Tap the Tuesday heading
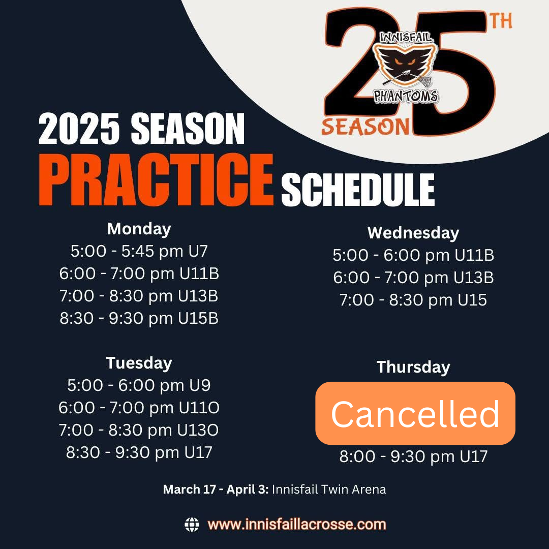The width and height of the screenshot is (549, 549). (139, 363)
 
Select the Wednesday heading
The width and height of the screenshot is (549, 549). (413, 233)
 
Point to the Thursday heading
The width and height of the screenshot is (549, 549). (413, 368)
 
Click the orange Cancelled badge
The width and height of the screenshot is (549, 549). (415, 413)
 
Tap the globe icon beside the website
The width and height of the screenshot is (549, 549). (192, 525)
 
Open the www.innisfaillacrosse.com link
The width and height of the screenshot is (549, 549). (296, 525)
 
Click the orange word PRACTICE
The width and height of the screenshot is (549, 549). (156, 179)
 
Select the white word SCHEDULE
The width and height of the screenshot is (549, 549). (358, 190)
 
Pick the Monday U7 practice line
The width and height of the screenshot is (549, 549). (139, 252)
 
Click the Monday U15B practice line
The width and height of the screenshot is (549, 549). (139, 319)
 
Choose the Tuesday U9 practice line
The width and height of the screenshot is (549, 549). (139, 385)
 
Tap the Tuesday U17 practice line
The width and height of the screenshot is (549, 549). (139, 452)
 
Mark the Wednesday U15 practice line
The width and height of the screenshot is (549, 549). (413, 300)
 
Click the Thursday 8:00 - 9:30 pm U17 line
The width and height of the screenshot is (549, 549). (413, 456)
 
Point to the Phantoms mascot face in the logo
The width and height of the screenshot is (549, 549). (405, 63)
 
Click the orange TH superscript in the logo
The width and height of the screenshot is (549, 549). (501, 21)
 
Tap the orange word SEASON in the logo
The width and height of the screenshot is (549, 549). (365, 127)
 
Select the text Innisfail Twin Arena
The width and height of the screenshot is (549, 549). (329, 489)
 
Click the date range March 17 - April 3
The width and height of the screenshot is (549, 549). (216, 490)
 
